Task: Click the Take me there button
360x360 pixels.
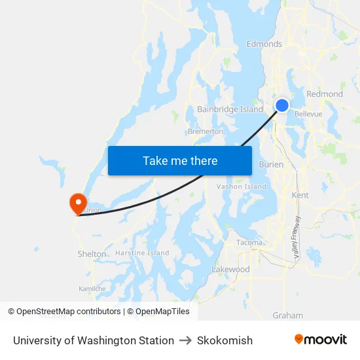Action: pyautogui.click(x=180, y=160)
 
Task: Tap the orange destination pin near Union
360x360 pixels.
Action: pyautogui.click(x=77, y=202)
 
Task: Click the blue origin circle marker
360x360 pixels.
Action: pyautogui.click(x=282, y=105)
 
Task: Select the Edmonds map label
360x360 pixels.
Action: pyautogui.click(x=264, y=45)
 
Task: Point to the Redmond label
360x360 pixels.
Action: pyautogui.click(x=325, y=94)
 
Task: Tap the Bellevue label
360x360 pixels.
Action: pyautogui.click(x=308, y=114)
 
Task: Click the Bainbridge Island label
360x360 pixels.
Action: pyautogui.click(x=230, y=109)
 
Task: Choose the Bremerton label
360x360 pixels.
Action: pyautogui.click(x=206, y=132)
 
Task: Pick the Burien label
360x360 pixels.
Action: pyautogui.click(x=271, y=165)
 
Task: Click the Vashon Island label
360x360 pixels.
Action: pyautogui.click(x=242, y=187)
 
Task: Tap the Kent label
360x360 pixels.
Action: pyautogui.click(x=300, y=195)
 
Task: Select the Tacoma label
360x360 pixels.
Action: pyautogui.click(x=249, y=243)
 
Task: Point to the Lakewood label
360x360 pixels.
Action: pyautogui.click(x=230, y=270)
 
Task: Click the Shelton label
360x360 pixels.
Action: pyautogui.click(x=92, y=254)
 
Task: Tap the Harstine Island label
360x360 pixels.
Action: pyautogui.click(x=142, y=253)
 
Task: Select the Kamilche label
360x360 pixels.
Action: pyautogui.click(x=92, y=288)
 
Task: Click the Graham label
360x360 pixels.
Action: pyautogui.click(x=287, y=315)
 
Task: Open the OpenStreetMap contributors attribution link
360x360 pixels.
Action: pyautogui.click(x=69, y=312)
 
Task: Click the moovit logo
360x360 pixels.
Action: pyautogui.click(x=321, y=340)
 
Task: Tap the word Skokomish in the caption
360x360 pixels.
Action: pyautogui.click(x=225, y=340)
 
